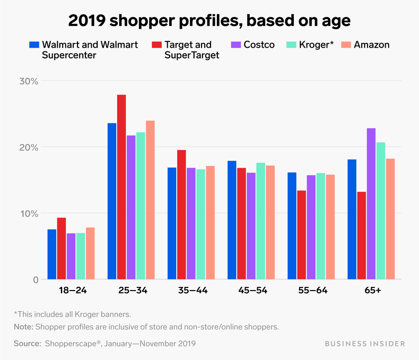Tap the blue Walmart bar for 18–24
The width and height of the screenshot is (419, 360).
(51, 254)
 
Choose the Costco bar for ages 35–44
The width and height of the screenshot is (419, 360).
(191, 223)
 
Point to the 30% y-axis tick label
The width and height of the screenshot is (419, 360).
(29, 81)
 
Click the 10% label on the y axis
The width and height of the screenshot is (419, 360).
(29, 214)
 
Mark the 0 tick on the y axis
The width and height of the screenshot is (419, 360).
(35, 280)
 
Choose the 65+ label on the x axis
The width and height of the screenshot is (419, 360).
(371, 291)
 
